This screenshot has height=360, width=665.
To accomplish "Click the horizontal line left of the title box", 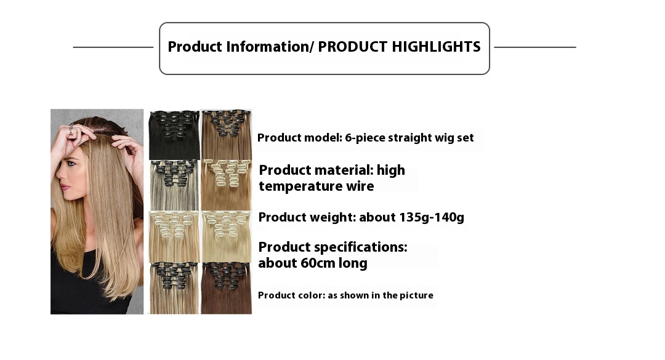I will click(x=113, y=47).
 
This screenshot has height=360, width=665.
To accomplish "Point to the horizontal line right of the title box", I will click(x=534, y=47).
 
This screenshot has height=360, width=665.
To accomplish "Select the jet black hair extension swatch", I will click(x=174, y=135).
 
